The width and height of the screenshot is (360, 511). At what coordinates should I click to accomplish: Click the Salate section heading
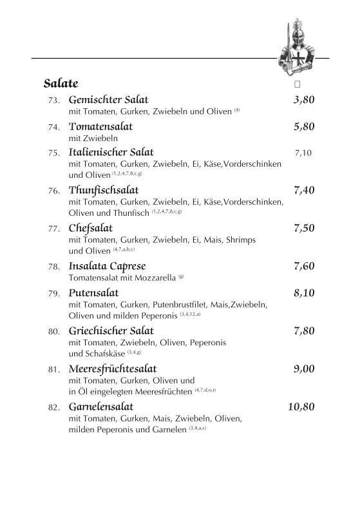(61, 83)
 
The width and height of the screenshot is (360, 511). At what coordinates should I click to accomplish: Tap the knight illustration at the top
(297, 48)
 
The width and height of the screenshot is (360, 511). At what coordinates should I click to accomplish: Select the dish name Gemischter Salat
(108, 100)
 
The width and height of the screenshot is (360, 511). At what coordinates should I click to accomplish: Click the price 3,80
(303, 100)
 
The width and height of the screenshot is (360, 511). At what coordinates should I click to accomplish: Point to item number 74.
(54, 128)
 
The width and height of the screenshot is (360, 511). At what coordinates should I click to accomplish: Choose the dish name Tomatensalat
(100, 126)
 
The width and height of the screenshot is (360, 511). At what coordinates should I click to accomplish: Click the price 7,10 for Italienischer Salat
(303, 153)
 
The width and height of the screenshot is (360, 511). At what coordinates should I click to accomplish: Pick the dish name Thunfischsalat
(103, 190)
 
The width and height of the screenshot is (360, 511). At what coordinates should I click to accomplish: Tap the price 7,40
(303, 190)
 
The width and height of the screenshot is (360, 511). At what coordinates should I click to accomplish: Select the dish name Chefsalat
(90, 228)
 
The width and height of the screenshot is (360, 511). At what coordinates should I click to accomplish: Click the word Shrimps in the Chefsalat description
(240, 240)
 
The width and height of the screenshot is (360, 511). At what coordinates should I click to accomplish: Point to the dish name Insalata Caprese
(107, 266)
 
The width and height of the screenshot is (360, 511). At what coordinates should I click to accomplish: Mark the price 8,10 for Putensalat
(303, 293)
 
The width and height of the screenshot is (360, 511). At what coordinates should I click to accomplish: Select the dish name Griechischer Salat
(111, 331)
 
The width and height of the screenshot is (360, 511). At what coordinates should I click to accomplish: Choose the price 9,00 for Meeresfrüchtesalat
(303, 369)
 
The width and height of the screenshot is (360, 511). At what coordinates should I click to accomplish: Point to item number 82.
(54, 408)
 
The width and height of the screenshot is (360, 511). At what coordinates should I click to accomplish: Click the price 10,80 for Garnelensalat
(301, 407)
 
